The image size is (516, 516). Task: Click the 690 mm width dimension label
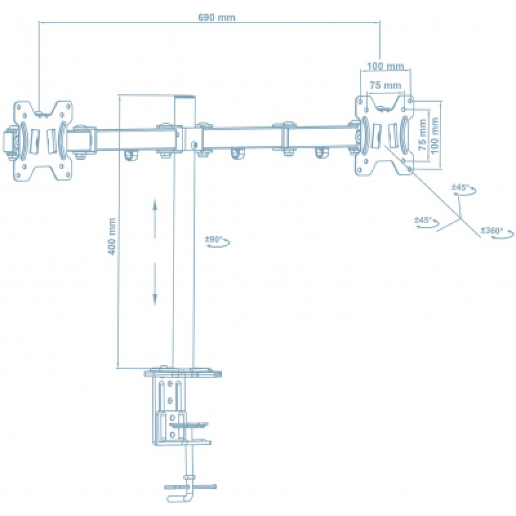pyautogui.click(x=217, y=17)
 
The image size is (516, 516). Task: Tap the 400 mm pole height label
pyautogui.click(x=112, y=236)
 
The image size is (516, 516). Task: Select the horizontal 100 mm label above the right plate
pyautogui.click(x=385, y=66)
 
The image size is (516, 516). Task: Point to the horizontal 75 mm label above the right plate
pyautogui.click(x=385, y=85)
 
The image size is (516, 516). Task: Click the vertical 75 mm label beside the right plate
pyautogui.click(x=422, y=134)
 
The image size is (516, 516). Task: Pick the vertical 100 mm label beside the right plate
pyautogui.click(x=434, y=135)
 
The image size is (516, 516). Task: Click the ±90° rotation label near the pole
pyautogui.click(x=214, y=239)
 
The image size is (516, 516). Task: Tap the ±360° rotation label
pyautogui.click(x=492, y=230)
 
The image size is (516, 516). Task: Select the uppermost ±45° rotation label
pyautogui.click(x=460, y=188)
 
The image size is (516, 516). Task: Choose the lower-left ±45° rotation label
pyautogui.click(x=423, y=219)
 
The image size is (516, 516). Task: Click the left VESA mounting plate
pyautogui.click(x=42, y=141)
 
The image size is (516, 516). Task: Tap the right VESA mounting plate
pyautogui.click(x=384, y=135)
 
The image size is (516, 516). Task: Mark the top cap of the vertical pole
pyautogui.click(x=184, y=97)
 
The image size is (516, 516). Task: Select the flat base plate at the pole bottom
pyautogui.click(x=183, y=373)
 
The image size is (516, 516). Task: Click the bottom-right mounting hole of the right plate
pyautogui.click(x=410, y=169)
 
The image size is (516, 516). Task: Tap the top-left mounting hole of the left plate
pyautogui.click(x=19, y=107)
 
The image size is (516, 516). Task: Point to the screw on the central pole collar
pyautogui.click(x=194, y=144)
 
